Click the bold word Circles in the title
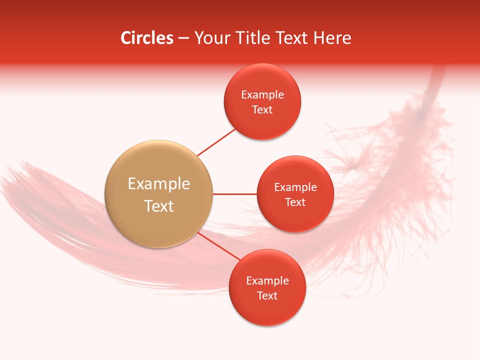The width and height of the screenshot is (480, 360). [146, 38]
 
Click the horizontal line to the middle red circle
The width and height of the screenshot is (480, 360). [235, 194]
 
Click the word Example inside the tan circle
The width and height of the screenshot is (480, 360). [159, 184]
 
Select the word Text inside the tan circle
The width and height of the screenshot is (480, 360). [159, 206]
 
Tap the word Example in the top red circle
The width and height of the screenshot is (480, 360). [262, 95]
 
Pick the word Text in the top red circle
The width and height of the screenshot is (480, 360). [262, 110]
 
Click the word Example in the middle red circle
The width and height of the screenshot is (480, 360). [295, 187]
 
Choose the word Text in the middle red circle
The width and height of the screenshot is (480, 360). [295, 202]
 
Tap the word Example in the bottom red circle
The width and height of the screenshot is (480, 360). [267, 281]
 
